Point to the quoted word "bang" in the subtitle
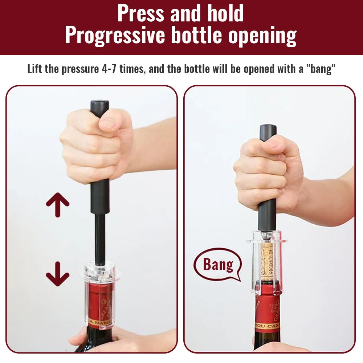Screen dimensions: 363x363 click(x=321, y=69)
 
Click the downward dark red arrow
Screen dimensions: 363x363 click(x=57, y=274)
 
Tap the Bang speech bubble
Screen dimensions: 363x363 click(x=218, y=265)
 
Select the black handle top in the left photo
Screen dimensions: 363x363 click(x=100, y=106)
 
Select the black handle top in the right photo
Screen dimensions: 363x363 click(x=268, y=131)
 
